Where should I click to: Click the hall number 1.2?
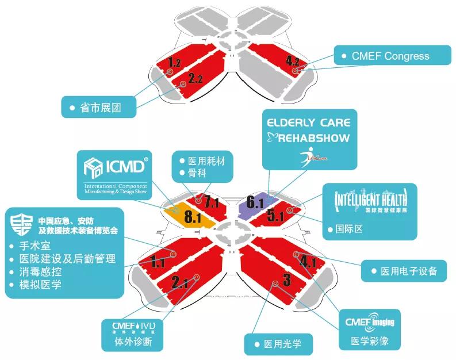175,62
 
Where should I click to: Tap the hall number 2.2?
196,78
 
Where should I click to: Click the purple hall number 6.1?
255,202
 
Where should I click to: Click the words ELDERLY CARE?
308,122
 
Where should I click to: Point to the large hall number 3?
286,281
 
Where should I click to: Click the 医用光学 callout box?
280,344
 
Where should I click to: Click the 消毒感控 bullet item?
44,271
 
